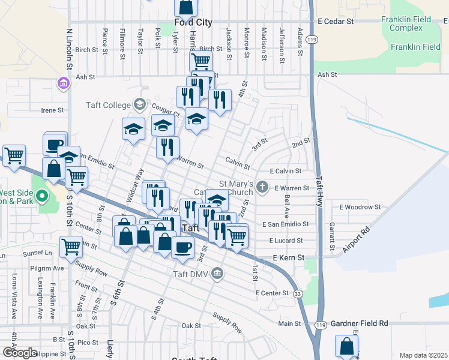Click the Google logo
click(20, 353)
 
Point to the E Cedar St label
click(336, 21)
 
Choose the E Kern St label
click(289, 257)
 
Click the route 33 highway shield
click(298, 293)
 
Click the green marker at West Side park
click(41, 196)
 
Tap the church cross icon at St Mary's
click(262, 187)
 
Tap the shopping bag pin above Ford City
click(186, 7)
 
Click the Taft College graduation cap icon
click(139, 105)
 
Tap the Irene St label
click(52, 110)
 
